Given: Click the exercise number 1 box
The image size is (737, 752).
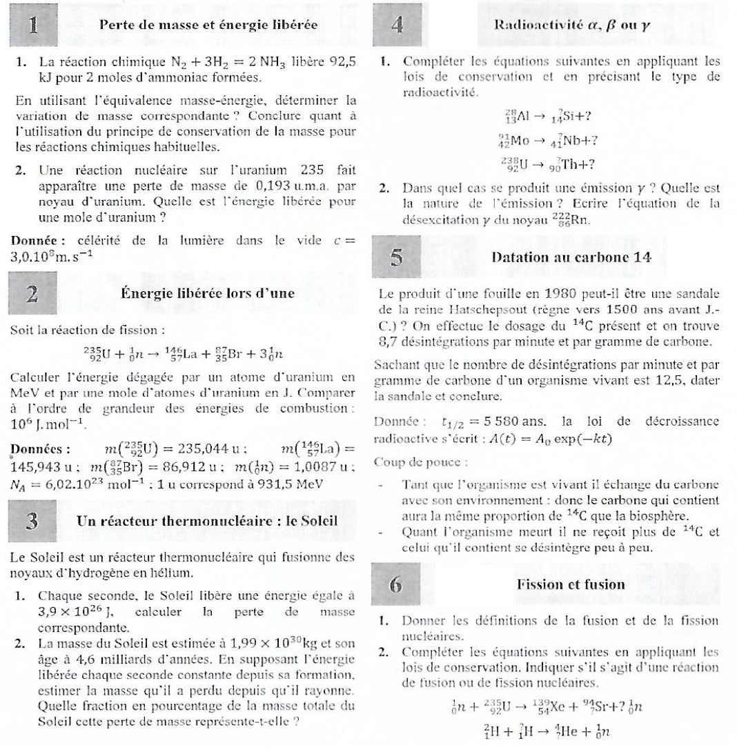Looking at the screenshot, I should [32, 24].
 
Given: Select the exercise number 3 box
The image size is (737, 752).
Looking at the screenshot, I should [32, 520].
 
